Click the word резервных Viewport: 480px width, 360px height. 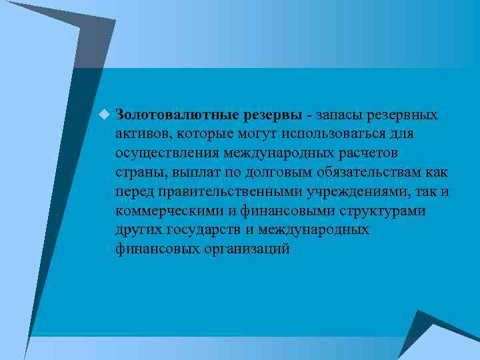coord(407,115)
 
